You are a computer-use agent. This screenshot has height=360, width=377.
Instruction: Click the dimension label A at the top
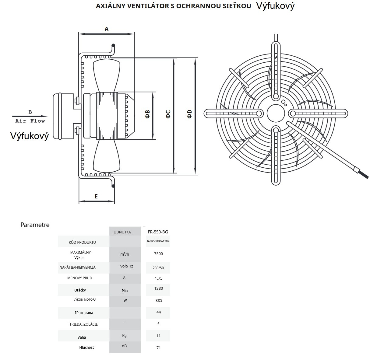point(107,29)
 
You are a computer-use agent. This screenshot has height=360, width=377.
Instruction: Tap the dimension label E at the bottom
point(96,196)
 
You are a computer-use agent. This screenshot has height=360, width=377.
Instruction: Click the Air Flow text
point(30,121)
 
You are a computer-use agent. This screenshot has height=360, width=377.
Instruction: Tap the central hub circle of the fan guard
point(276,114)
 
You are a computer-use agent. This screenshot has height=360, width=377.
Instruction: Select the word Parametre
point(35,225)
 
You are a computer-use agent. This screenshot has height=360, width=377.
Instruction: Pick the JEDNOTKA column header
point(122,232)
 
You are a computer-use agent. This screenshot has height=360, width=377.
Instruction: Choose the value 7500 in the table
point(159,254)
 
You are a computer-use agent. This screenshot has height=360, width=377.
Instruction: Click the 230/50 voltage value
point(158,268)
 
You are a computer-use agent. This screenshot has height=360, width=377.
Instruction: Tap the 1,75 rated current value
point(159,278)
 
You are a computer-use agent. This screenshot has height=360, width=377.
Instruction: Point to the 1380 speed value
point(159,288)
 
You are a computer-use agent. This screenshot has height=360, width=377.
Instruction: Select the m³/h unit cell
point(125,254)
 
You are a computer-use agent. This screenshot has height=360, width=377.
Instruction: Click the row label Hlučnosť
point(86,348)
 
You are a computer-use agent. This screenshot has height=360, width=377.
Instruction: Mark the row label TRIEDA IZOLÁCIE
point(84,324)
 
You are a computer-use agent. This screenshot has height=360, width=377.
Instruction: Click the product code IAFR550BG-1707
point(158,241)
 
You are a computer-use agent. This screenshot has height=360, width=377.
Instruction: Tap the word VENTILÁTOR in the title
point(142,6)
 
